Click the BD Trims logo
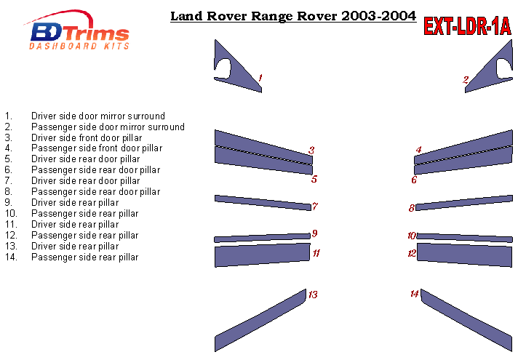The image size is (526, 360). click(x=76, y=30)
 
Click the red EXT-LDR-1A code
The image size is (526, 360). click(x=467, y=25)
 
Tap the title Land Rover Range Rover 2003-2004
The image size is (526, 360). click(x=293, y=16)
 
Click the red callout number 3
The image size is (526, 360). click(x=311, y=150)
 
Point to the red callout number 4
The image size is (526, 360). click(x=418, y=150)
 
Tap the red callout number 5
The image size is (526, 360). click(x=314, y=179)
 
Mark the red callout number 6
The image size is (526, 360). click(x=414, y=180)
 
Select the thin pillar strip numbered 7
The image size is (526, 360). click(x=263, y=202)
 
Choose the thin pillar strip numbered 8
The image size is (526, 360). click(x=464, y=202)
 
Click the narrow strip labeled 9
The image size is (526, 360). click(x=263, y=238)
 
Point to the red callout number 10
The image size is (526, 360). click(x=412, y=236)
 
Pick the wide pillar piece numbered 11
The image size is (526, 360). click(x=263, y=255)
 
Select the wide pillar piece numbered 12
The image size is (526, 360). click(x=465, y=255)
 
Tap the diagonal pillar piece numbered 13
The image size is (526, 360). click(x=260, y=320)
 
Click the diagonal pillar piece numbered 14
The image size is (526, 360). click(x=466, y=320)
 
